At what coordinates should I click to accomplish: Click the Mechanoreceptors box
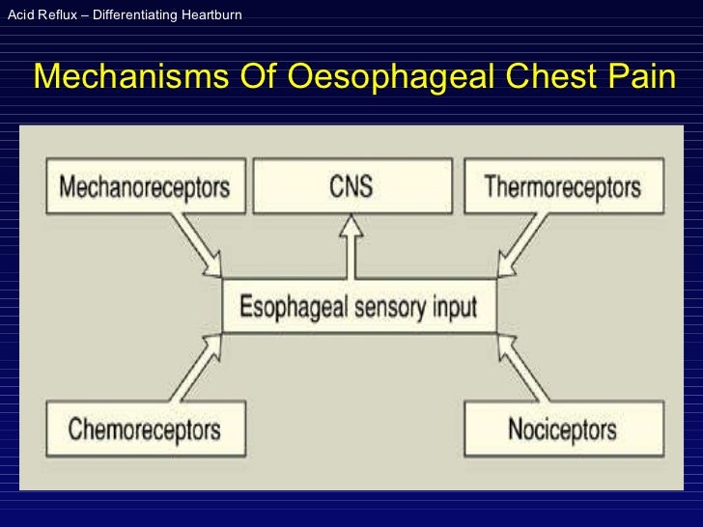coord(145,186)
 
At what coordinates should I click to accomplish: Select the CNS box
coord(351,186)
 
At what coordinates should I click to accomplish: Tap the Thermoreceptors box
coord(562,186)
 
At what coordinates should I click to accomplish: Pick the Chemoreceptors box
coord(145,428)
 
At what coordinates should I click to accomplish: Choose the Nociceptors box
coord(564,428)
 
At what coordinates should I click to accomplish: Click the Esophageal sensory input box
coord(358,307)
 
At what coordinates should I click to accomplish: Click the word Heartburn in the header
coord(209,15)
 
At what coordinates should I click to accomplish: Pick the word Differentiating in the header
coord(128,15)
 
